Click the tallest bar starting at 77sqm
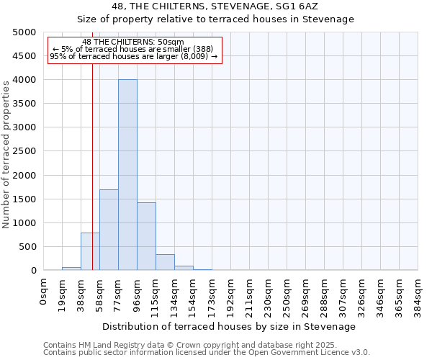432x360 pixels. (127, 175)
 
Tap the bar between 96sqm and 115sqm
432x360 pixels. (146, 236)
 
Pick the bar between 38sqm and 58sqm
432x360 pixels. (90, 251)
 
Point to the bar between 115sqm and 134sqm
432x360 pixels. (165, 262)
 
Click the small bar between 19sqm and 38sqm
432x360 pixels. (71, 269)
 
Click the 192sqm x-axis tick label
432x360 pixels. (230, 294)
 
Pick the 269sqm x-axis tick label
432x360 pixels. (305, 294)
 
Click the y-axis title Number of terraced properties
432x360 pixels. (6, 154)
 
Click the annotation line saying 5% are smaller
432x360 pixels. (134, 48)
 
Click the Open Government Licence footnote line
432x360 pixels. (207, 353)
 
